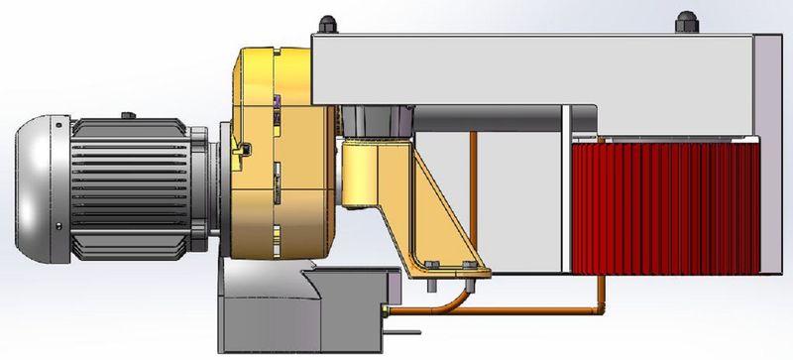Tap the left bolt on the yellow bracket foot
(432, 264)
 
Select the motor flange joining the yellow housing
(217, 188)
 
